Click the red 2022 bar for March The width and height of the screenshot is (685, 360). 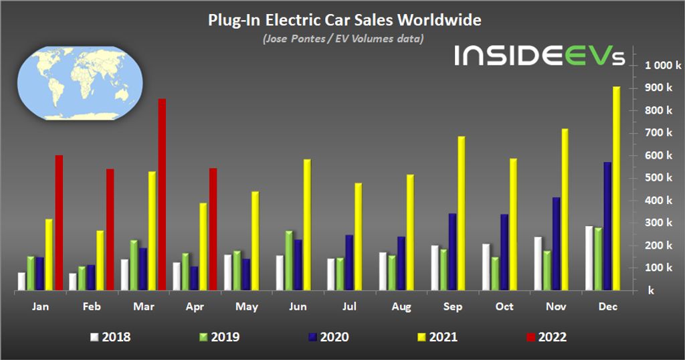162,194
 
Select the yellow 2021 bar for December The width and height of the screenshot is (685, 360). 616,188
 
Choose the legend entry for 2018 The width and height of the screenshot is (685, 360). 110,337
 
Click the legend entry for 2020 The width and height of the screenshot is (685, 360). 327,337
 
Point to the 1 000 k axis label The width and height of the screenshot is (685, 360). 662,66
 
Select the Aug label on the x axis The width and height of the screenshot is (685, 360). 401,306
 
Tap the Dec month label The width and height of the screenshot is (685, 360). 607,306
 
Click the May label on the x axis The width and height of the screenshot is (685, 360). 247,306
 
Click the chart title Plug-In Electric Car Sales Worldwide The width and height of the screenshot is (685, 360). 344,20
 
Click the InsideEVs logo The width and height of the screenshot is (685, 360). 539,56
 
